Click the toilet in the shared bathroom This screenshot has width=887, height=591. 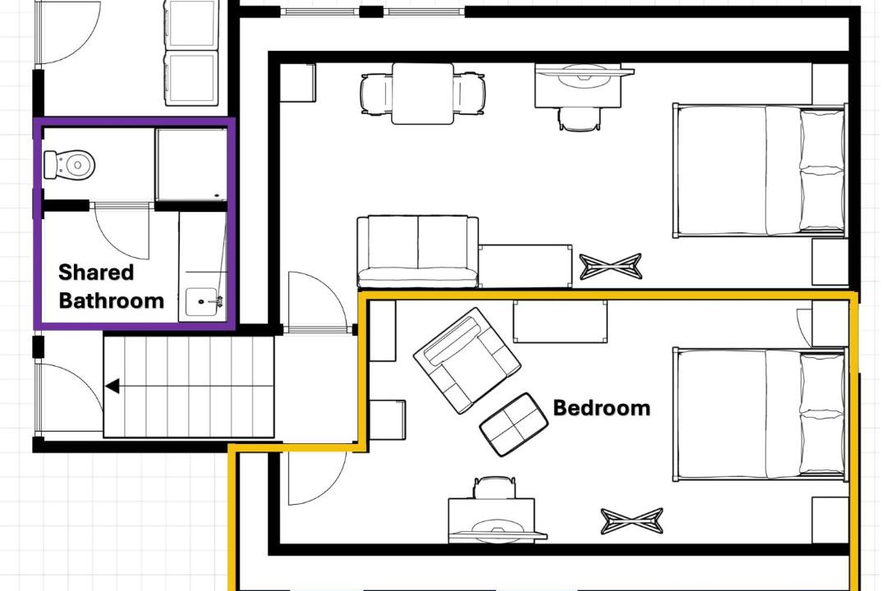(x=69, y=164)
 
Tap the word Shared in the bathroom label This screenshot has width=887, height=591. (x=96, y=273)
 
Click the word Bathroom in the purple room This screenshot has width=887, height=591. (x=112, y=300)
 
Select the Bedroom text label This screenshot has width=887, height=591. (x=601, y=408)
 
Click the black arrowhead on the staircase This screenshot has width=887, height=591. (x=112, y=387)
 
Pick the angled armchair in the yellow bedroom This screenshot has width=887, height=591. (x=467, y=360)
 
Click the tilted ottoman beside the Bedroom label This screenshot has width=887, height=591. (x=513, y=424)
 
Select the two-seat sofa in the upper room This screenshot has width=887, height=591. (x=418, y=251)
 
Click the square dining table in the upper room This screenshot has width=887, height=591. (x=423, y=94)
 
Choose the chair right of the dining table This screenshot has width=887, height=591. (x=469, y=94)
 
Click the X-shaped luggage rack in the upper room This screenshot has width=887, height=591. (x=611, y=267)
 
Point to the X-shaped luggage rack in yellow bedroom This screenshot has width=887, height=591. (x=632, y=521)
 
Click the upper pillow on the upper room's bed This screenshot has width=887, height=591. (x=822, y=139)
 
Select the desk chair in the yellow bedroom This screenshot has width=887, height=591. (x=495, y=488)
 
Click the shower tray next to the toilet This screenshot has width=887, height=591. (x=191, y=164)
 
